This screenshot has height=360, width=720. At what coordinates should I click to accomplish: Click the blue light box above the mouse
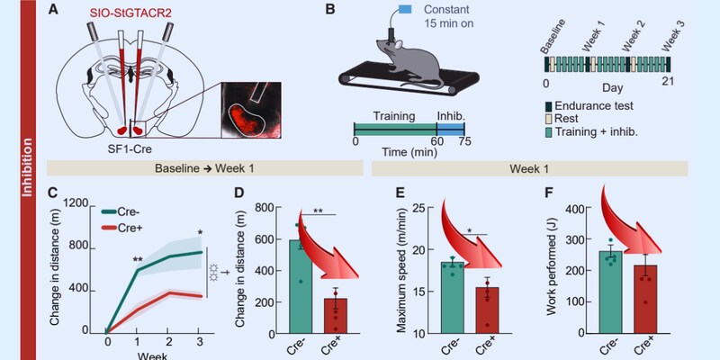[x=405, y=9]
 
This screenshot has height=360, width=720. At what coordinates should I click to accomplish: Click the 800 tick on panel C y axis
[x=76, y=247]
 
